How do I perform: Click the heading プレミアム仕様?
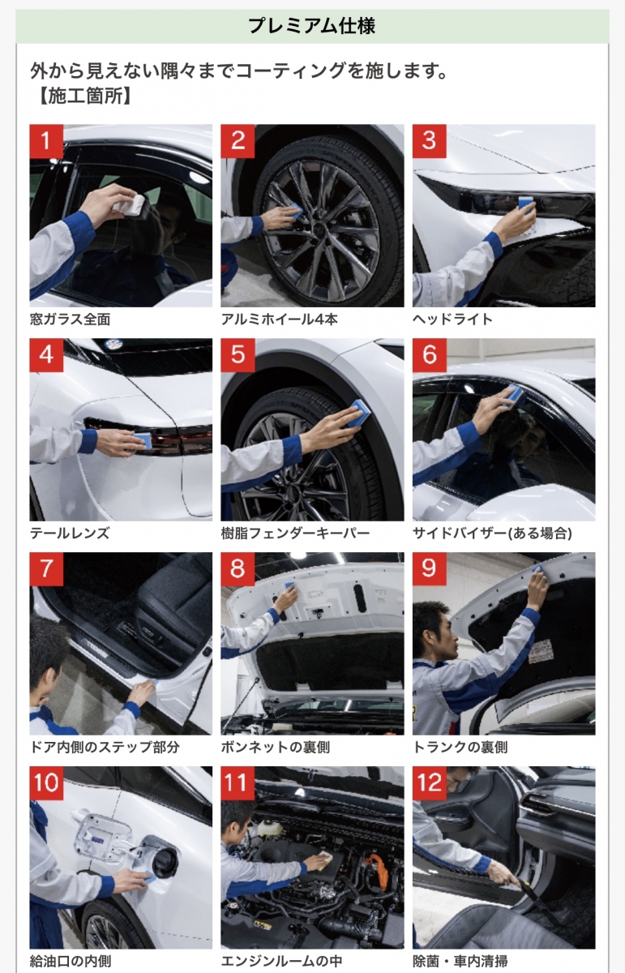(x=311, y=26)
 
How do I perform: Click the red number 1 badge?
(x=46, y=141)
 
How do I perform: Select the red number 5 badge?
(x=238, y=355)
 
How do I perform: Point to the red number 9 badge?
(x=429, y=569)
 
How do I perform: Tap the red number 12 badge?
(x=429, y=783)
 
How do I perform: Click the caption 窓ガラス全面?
(x=70, y=319)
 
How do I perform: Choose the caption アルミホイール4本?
(x=280, y=319)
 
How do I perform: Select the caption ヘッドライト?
(x=452, y=319)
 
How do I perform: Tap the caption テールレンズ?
(x=70, y=534)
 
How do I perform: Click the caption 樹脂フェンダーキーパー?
(x=295, y=534)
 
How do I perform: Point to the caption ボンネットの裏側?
(x=276, y=747)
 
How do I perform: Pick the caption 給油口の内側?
(x=71, y=962)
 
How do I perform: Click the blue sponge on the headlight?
(x=526, y=204)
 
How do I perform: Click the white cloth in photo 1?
(x=131, y=205)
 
